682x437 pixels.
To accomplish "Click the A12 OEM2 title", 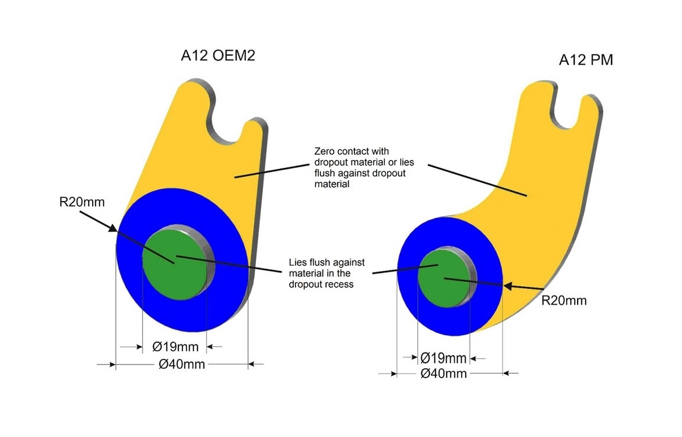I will coord(218,57).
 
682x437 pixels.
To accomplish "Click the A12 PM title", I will coord(586,60).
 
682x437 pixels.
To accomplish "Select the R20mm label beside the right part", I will coord(564,301).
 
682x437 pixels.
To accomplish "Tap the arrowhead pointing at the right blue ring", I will coord(506,286).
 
